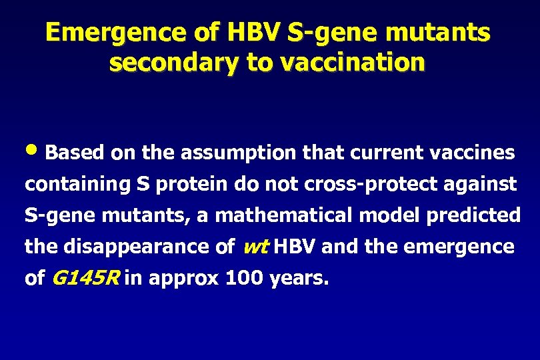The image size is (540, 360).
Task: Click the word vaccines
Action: tap(471, 153)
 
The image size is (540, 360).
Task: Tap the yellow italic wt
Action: tap(255, 247)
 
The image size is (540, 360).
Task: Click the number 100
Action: tap(245, 279)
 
